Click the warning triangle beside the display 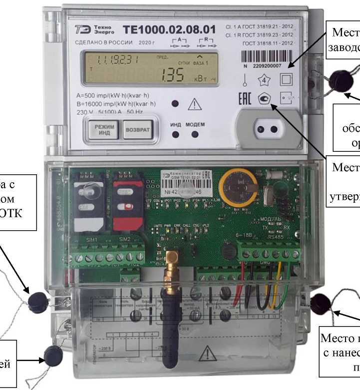(193, 104)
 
